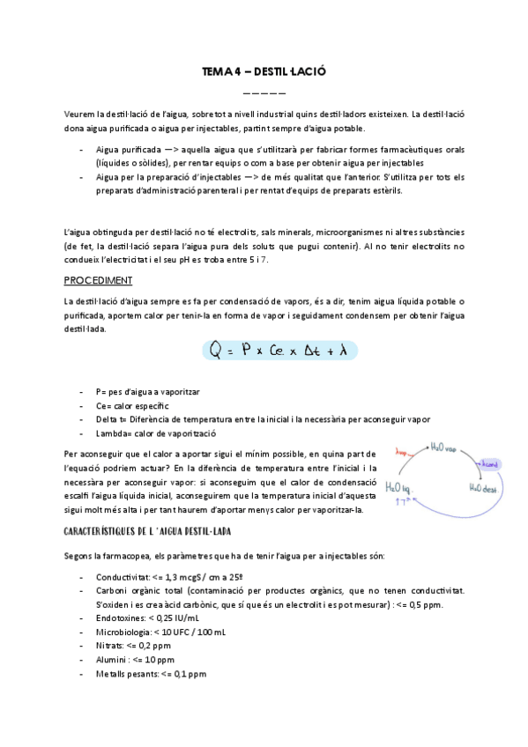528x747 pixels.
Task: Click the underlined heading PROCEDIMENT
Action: pyautogui.click(x=99, y=280)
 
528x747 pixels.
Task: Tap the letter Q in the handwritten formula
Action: pyautogui.click(x=216, y=351)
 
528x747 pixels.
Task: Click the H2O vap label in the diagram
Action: pyautogui.click(x=445, y=447)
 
